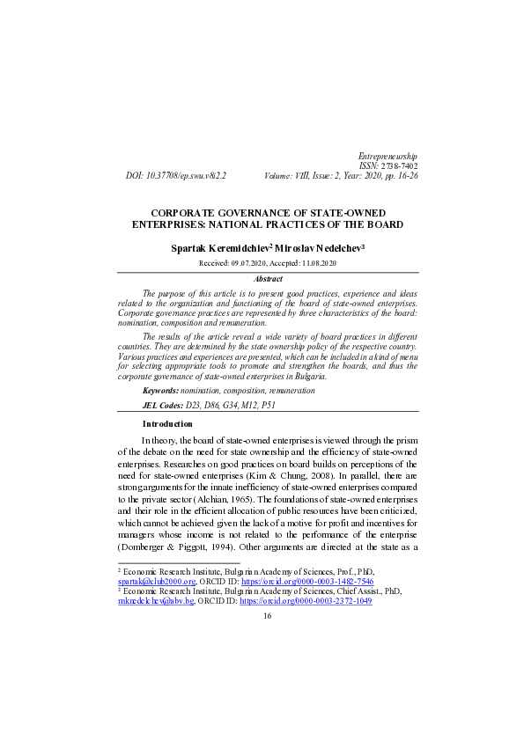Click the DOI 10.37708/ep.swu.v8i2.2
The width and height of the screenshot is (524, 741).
tap(189, 176)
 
